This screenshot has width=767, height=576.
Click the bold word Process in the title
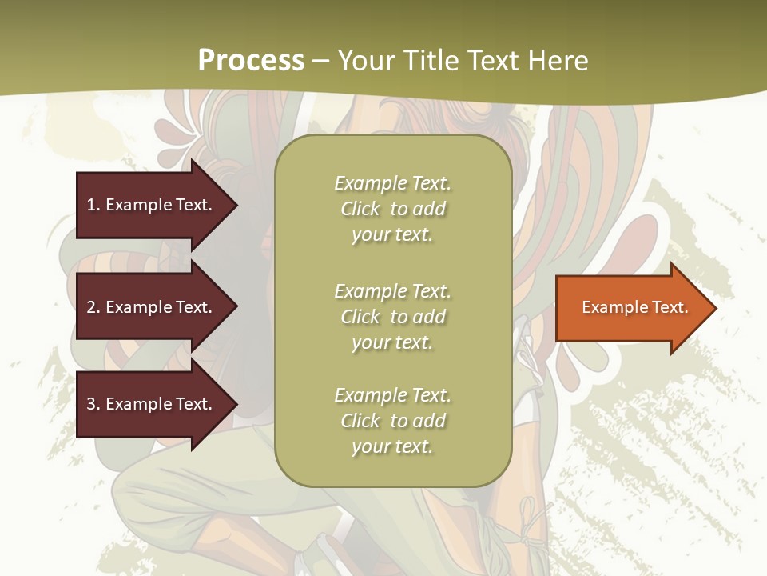[x=251, y=61]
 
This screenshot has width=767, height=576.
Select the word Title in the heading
[x=431, y=61]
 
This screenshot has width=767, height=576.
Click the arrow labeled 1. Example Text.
[x=152, y=205]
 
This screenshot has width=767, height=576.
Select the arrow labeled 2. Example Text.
[x=152, y=307]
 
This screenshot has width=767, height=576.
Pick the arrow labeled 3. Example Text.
[x=152, y=404]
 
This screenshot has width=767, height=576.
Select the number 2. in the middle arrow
[x=93, y=307]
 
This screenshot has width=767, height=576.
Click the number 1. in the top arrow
[x=93, y=205]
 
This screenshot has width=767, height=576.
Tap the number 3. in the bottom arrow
[x=93, y=404]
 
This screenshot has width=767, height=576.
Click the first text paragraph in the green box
[x=392, y=209]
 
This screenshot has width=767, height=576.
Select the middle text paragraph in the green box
[x=392, y=317]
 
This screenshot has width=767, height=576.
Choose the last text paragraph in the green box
[x=392, y=421]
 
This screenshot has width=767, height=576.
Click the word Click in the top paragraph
[x=360, y=210]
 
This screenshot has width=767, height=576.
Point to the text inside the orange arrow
[x=634, y=307]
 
